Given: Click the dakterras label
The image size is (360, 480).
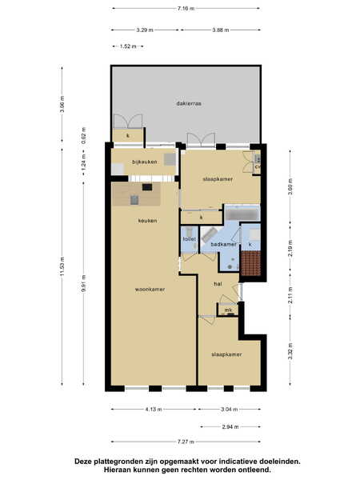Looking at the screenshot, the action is tap(189, 103).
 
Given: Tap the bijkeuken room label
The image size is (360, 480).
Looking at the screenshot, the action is tap(145, 162).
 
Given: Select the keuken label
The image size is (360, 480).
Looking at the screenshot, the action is tap(147, 221).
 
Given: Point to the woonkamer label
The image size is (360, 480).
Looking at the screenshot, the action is tap(150, 289).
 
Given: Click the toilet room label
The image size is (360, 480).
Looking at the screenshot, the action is tap(189, 238).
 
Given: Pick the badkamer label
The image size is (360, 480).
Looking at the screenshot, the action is tap(224, 244).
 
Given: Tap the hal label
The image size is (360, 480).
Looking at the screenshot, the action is tap(218, 284).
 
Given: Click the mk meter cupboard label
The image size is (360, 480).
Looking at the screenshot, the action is tap(228, 310).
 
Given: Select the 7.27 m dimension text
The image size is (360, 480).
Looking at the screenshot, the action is tap(186, 442).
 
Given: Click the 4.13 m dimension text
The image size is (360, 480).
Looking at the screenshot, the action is tap(154, 410).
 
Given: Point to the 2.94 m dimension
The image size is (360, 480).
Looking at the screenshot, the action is tap(230, 426).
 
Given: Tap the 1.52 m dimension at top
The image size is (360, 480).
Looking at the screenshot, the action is tap(128, 46).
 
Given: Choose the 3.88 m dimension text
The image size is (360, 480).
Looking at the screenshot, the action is tap(221, 30).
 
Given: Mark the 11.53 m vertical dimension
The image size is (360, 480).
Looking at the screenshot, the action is tap(62, 267).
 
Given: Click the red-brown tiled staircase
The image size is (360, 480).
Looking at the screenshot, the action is tap(251, 263).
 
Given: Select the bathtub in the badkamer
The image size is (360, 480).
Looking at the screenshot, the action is tap(242, 213).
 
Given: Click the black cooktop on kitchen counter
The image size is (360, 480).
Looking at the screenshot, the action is tap(147, 186).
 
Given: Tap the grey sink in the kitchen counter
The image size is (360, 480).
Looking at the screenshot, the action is tap(134, 200).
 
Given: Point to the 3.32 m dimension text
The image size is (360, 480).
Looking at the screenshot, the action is tap(290, 351).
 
